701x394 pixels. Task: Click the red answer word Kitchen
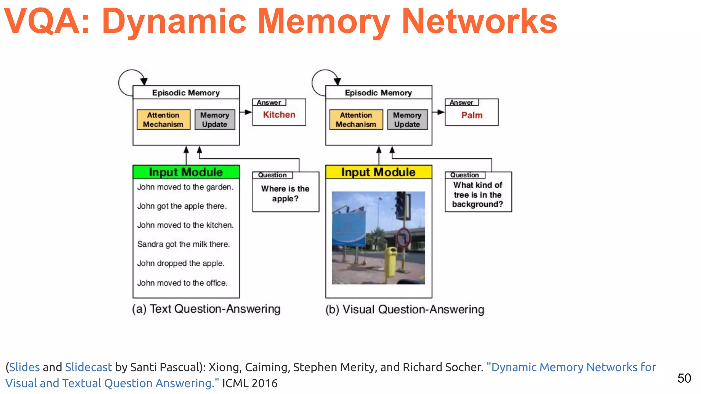pyautogui.click(x=279, y=115)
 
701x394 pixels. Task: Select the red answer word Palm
pyautogui.click(x=472, y=115)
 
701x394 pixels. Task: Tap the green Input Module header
pyautogui.click(x=186, y=172)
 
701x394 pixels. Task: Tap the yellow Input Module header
pyautogui.click(x=378, y=172)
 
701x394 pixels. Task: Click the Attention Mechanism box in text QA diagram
pyautogui.click(x=163, y=120)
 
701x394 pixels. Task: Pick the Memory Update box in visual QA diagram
pyautogui.click(x=407, y=120)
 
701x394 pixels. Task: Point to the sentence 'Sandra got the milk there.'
pyautogui.click(x=183, y=244)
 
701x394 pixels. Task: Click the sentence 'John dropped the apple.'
pyautogui.click(x=181, y=263)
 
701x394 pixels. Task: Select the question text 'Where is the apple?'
pyautogui.click(x=285, y=194)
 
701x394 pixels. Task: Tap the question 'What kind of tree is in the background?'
pyautogui.click(x=478, y=195)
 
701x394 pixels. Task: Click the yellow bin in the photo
pyautogui.click(x=390, y=262)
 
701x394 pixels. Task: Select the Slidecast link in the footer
pyautogui.click(x=88, y=367)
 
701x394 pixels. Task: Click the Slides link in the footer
pyautogui.click(x=24, y=367)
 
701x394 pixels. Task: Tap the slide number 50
pyautogui.click(x=684, y=378)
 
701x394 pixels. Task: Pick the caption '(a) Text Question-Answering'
pyautogui.click(x=206, y=309)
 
